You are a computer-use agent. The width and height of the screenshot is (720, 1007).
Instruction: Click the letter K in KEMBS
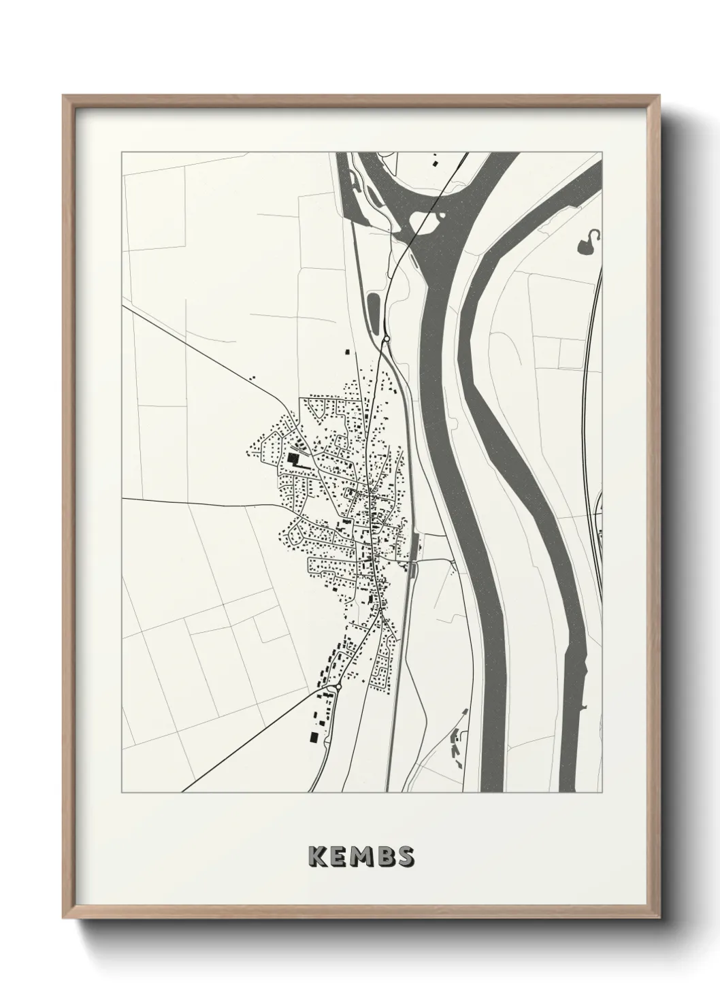pos(317,855)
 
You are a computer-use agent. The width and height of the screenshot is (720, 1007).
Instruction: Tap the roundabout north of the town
pos(386,338)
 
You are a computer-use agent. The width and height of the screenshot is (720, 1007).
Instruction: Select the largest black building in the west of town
pos(293,458)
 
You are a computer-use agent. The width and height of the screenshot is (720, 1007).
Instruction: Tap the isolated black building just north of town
pos(347,352)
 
